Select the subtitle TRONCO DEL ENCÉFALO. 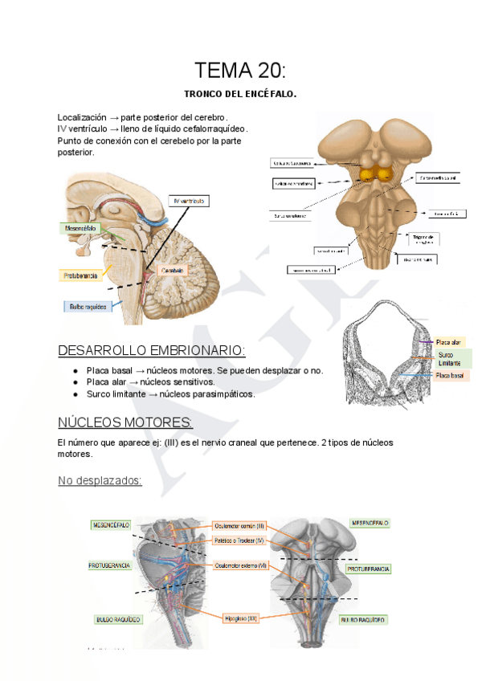click(x=240, y=95)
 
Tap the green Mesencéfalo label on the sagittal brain click(x=80, y=228)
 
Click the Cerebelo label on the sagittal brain click(x=172, y=271)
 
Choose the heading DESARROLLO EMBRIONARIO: click(x=152, y=351)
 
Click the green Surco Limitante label click(x=451, y=359)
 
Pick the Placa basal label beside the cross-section click(x=450, y=376)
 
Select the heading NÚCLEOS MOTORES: click(x=125, y=423)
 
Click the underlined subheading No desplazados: click(x=100, y=480)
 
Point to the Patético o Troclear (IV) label click(x=240, y=541)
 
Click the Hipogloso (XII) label click(x=240, y=618)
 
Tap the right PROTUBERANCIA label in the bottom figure click(x=368, y=569)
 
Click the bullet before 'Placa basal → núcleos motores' click(x=75, y=371)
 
